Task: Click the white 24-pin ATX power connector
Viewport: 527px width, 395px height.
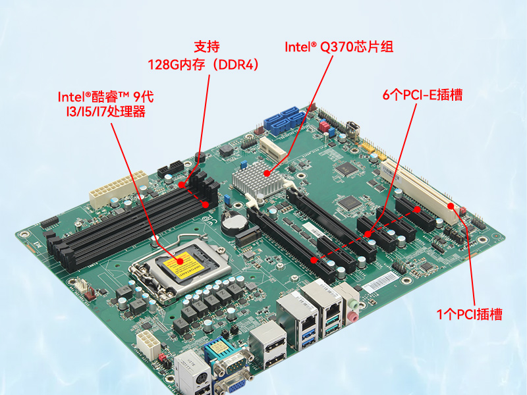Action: pos(119,189)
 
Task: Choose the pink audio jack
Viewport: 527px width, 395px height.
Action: pos(353,317)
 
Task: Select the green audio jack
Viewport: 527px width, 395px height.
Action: pos(352,304)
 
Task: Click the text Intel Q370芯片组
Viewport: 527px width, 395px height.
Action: pos(339,47)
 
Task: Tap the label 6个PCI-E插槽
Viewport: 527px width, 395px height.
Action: pos(422,95)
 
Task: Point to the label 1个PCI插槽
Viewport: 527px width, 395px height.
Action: pos(469,315)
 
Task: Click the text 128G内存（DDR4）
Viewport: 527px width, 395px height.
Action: pos(204,65)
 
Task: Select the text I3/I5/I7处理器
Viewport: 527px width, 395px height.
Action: pos(106,111)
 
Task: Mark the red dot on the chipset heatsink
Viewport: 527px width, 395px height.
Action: pos(267,173)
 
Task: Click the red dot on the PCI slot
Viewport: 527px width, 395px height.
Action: pos(451,205)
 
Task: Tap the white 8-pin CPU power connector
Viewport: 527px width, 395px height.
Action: pos(148,344)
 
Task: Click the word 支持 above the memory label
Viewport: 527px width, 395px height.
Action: pos(207,47)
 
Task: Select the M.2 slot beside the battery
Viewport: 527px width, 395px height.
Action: pos(248,236)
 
